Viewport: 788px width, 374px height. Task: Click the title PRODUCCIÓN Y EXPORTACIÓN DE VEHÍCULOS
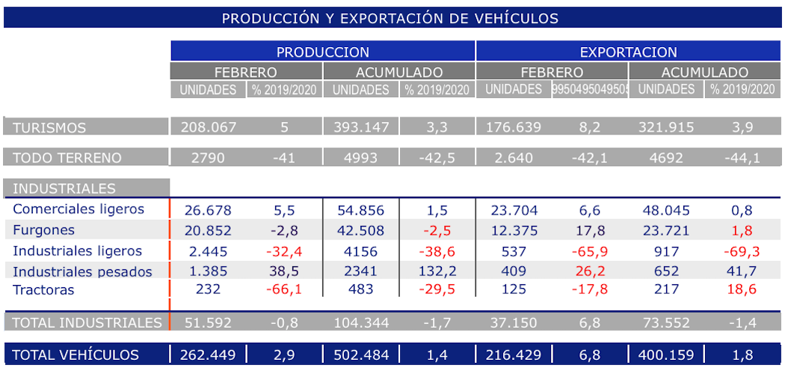[390, 18]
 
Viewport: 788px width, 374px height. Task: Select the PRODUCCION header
[322, 52]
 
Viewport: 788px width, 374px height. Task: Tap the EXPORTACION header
[628, 52]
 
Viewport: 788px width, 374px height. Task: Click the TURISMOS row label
[49, 127]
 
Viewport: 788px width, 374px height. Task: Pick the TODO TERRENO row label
[67, 158]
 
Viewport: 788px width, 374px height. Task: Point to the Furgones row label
[44, 230]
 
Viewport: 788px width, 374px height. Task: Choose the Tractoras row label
[43, 289]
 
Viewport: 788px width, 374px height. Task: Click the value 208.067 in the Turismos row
[209, 127]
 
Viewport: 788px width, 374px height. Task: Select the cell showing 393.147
[361, 127]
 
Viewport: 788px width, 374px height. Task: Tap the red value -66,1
[284, 289]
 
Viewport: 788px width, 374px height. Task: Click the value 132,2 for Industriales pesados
[437, 272]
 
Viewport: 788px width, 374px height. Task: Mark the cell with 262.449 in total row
[209, 355]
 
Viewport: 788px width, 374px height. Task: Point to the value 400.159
[666, 355]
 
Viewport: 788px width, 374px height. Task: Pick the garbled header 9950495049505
[590, 90]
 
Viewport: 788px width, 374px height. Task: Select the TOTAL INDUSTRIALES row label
[87, 323]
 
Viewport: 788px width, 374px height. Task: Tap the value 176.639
[513, 127]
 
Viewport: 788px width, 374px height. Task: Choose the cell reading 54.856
[361, 210]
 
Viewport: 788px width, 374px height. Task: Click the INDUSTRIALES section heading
[64, 188]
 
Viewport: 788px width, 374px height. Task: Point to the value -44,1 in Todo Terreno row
[742, 158]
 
